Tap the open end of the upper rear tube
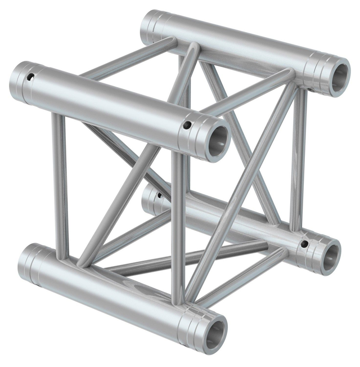pyautogui.click(x=339, y=78)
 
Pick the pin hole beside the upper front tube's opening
pyautogui.click(x=187, y=125)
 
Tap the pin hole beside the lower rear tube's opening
pyautogui.click(x=304, y=244)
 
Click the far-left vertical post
pyautogui.click(x=60, y=180)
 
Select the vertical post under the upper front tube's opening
pyautogui.click(x=177, y=225)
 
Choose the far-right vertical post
pyautogui.click(x=299, y=163)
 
